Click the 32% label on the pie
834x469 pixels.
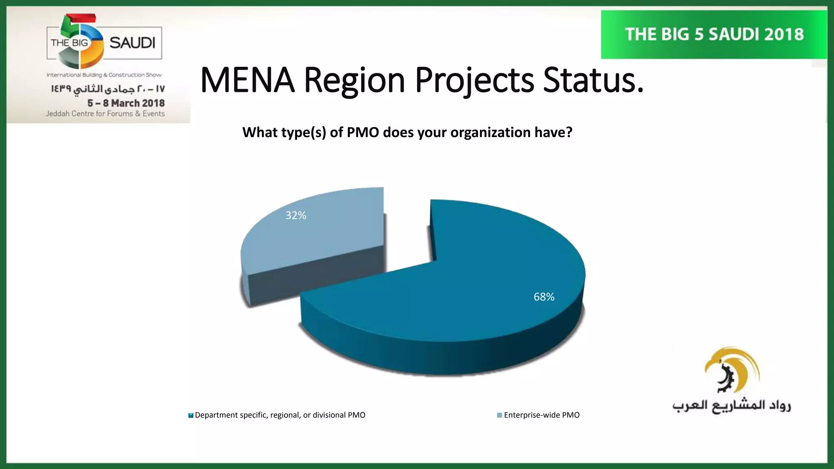click(296, 215)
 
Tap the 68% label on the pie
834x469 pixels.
click(544, 297)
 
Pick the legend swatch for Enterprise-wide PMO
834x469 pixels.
click(499, 415)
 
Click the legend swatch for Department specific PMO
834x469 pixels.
click(191, 415)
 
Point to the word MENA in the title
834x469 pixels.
click(247, 80)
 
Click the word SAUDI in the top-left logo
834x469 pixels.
click(132, 43)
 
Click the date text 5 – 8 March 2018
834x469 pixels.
click(126, 103)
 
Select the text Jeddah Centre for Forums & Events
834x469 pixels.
click(105, 114)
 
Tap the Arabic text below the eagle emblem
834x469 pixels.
click(731, 405)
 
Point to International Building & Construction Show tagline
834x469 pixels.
click(104, 75)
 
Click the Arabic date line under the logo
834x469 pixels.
click(108, 89)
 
